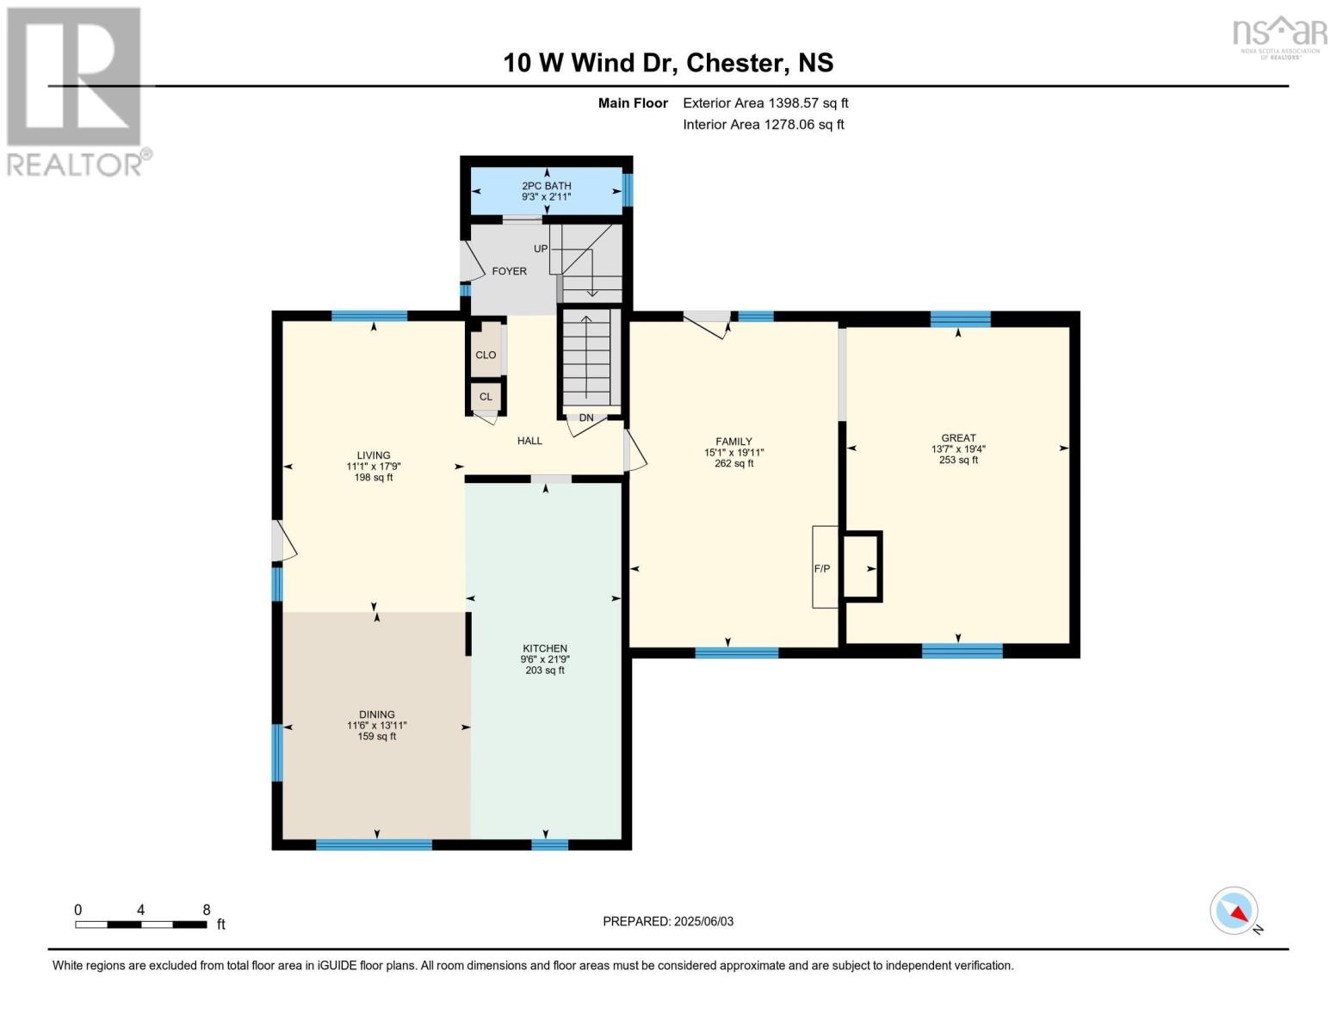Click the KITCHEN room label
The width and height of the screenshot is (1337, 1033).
point(544,648)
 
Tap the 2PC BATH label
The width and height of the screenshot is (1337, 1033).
point(547,186)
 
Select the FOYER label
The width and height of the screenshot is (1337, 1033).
point(509,271)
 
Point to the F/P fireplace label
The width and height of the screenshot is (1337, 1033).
point(822,569)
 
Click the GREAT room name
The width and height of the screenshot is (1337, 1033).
point(958,438)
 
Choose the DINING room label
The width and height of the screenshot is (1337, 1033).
point(376,714)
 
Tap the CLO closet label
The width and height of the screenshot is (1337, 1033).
point(486,355)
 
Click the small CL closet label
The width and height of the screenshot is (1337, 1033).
point(486,397)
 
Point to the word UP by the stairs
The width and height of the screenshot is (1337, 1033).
point(540,249)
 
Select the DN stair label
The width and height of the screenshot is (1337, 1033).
point(585,418)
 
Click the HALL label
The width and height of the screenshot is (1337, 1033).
point(529,441)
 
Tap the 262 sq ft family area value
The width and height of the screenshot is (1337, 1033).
point(733,463)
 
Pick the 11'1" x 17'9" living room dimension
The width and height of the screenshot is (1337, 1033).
point(374,467)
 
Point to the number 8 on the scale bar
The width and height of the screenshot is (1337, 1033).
point(207,909)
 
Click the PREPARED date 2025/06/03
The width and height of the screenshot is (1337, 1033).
point(703,921)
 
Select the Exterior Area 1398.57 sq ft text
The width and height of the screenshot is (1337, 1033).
point(765,103)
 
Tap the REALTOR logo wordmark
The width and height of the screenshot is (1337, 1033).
point(75,165)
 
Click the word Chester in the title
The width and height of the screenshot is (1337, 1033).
point(734,63)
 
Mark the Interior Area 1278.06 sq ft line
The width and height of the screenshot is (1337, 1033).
point(763,124)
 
